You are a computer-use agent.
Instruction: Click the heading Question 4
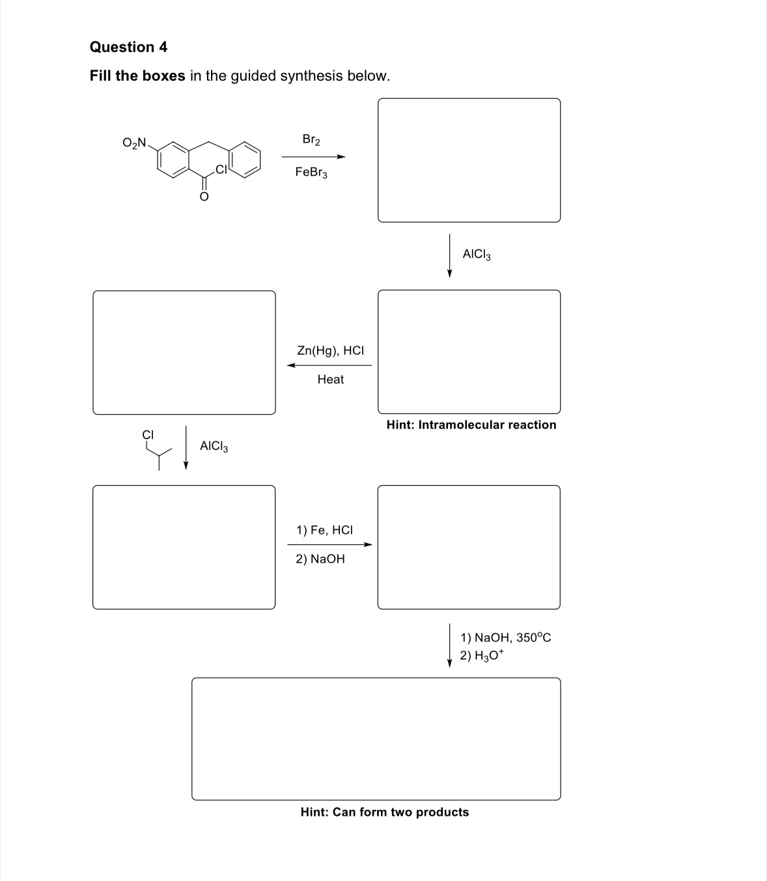point(128,47)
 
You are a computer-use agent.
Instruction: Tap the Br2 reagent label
point(311,139)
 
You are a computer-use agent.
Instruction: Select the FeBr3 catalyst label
point(311,173)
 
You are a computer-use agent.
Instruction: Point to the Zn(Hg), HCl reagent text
point(330,350)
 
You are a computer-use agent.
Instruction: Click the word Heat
point(330,379)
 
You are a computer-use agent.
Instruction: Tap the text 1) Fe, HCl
point(324,530)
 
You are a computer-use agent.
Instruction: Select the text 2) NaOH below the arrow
point(320,559)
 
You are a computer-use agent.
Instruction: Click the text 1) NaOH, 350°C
point(505,637)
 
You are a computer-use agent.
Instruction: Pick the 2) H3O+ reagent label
point(481,656)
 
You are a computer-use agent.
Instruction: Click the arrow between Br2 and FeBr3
point(313,156)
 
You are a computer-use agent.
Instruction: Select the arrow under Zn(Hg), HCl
point(329,365)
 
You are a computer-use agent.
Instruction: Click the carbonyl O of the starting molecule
point(204,195)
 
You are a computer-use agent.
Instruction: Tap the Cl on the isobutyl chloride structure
point(148,434)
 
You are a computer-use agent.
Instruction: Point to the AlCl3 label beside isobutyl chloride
point(214,446)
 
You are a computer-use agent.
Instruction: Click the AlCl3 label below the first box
point(477,254)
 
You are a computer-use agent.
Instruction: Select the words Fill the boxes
point(137,76)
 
